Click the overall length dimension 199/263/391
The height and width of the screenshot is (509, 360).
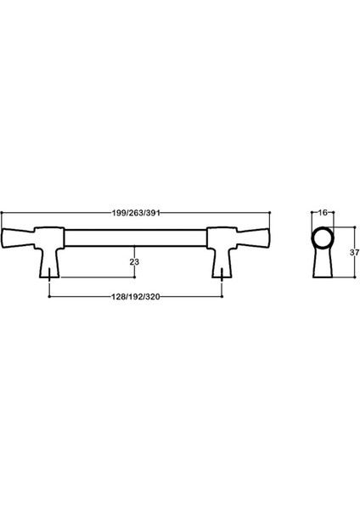(x=135, y=213)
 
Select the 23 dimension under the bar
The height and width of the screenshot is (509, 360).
(x=134, y=262)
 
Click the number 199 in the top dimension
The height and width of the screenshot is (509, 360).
(x=119, y=213)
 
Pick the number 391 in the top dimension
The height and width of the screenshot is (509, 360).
(x=152, y=213)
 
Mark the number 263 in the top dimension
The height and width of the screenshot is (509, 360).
(x=135, y=213)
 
